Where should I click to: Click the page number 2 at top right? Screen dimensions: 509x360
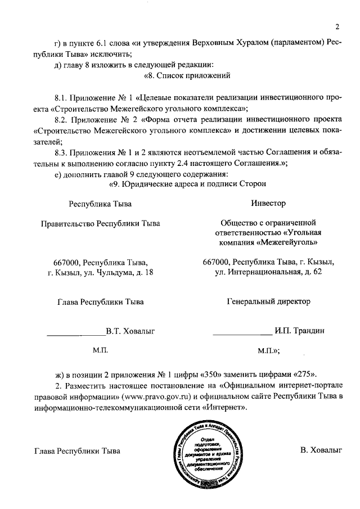pos(337,26)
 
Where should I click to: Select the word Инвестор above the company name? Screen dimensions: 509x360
pos(268,203)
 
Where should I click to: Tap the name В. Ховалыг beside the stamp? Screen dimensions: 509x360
pos(321,450)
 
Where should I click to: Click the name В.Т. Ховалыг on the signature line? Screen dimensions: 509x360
pos(130,330)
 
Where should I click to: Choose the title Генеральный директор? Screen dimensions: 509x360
pos(268,301)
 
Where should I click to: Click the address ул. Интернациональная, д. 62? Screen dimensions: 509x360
pos(268,272)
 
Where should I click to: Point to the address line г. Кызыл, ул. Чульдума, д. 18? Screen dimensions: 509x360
pos(101,272)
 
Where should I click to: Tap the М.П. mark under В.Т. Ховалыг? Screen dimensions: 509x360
pos(100,350)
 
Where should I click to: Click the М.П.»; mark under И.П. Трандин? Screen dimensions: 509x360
pos(268,350)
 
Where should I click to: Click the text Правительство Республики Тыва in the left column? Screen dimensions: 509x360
pos(101,223)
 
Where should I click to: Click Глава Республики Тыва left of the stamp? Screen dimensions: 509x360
pos(77,451)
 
